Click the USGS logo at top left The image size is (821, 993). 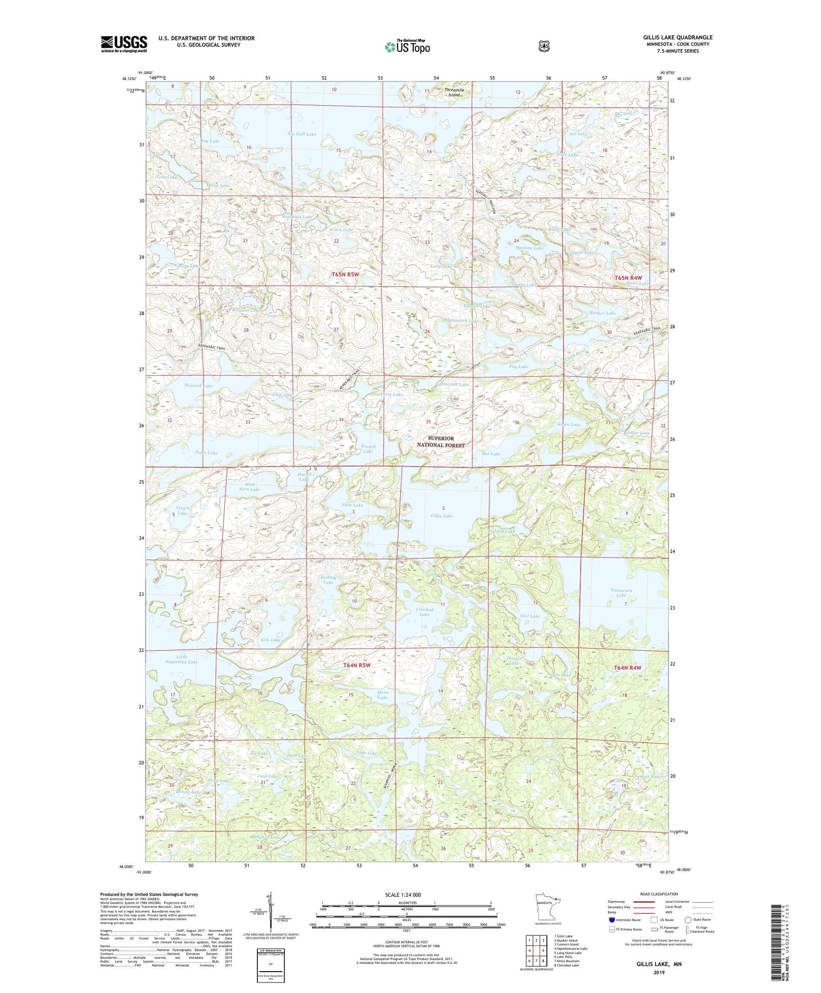[124, 44]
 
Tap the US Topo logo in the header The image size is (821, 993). [407, 47]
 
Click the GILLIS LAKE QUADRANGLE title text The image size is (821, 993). [678, 37]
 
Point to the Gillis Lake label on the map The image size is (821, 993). [441, 515]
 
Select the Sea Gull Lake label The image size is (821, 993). [302, 134]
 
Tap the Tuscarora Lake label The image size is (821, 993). [621, 593]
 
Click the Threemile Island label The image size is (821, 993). [454, 92]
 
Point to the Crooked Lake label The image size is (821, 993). [425, 612]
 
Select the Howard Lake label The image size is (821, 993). [198, 386]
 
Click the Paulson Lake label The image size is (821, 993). [530, 248]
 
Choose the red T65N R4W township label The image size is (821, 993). [627, 278]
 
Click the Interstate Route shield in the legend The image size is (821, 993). [611, 920]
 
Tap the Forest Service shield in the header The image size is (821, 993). [544, 47]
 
